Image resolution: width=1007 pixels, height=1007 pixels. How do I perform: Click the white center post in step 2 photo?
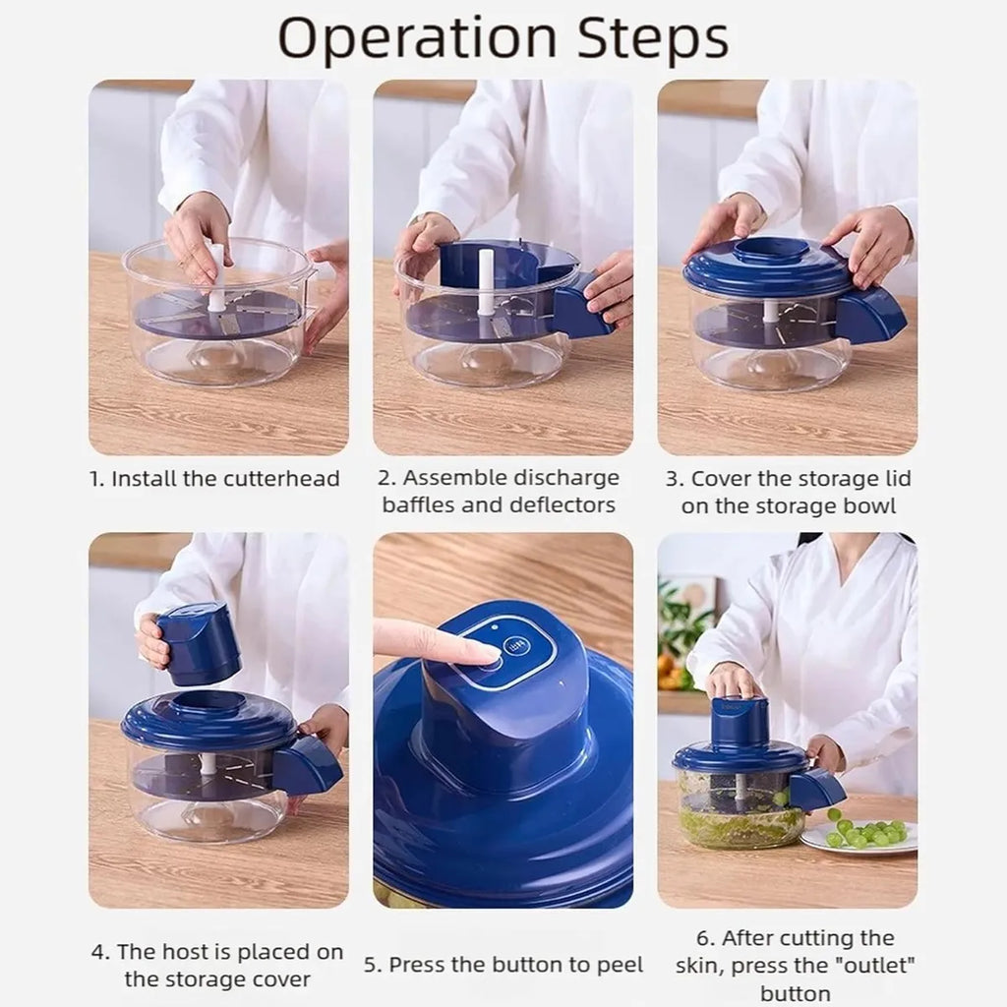tap(485, 282)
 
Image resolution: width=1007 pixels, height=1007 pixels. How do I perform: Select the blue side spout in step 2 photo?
tap(581, 306)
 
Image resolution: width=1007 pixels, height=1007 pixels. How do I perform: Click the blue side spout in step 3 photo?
tap(869, 315)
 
